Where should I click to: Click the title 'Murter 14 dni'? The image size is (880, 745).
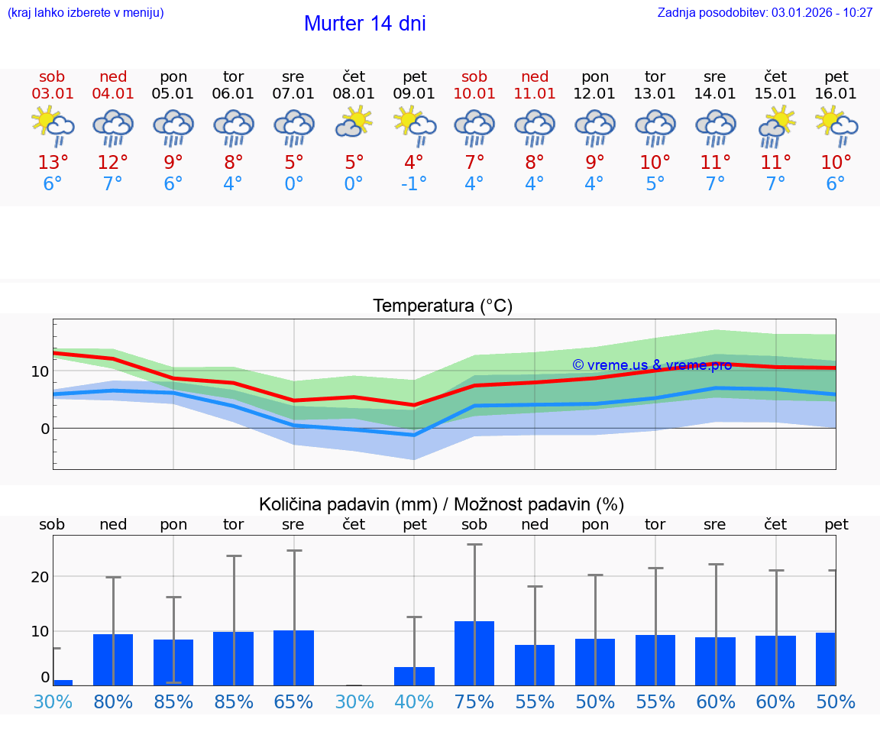click(364, 24)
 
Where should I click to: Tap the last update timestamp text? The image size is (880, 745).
click(765, 13)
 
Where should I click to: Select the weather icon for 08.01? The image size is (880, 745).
click(354, 122)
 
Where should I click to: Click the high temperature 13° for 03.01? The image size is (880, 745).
click(53, 163)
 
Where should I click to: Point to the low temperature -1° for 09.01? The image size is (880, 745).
click(414, 184)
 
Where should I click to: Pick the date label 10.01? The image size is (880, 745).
click(474, 94)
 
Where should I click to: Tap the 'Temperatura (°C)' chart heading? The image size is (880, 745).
click(442, 306)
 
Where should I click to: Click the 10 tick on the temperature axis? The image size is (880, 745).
click(40, 371)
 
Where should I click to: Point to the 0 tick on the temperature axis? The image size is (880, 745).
click(44, 429)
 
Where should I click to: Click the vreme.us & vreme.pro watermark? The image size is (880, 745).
click(652, 365)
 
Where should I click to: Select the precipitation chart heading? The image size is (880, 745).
click(442, 504)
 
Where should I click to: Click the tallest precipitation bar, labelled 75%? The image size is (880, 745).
click(474, 653)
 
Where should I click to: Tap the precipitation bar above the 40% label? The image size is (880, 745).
click(414, 676)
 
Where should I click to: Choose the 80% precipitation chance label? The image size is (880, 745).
click(113, 702)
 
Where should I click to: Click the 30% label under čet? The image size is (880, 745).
click(354, 702)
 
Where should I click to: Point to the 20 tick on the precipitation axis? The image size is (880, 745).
click(40, 577)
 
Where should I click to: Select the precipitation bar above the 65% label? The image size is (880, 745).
click(293, 658)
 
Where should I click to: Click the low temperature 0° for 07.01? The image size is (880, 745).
click(293, 184)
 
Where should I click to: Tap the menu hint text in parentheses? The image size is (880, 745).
click(86, 13)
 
